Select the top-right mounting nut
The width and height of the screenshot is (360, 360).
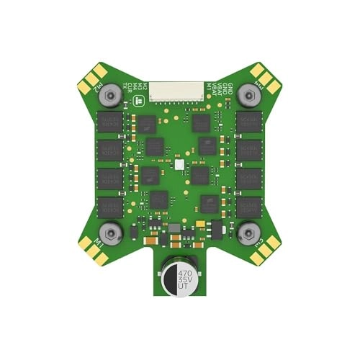pyautogui.click(x=248, y=94)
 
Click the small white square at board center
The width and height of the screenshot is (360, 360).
pyautogui.click(x=179, y=165)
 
